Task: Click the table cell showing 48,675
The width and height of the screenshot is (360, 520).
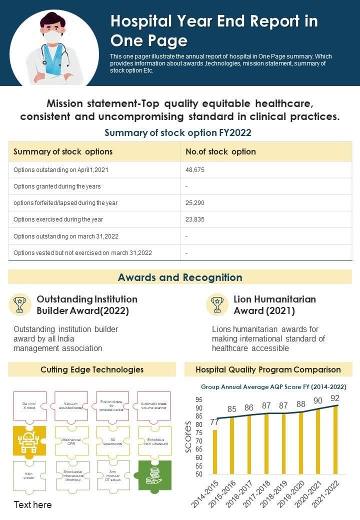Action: (x=195, y=170)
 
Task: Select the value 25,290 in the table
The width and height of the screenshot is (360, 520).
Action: (x=195, y=203)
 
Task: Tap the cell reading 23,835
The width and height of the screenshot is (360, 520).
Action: (x=195, y=219)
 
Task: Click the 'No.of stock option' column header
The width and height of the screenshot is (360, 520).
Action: (x=220, y=151)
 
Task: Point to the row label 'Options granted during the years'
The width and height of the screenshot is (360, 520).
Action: (x=57, y=186)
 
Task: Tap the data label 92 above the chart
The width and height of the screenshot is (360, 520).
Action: (x=334, y=398)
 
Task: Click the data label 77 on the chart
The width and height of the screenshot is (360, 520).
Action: (x=214, y=422)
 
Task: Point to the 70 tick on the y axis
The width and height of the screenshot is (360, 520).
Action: (x=199, y=441)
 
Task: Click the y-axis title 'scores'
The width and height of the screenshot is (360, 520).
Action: (x=188, y=436)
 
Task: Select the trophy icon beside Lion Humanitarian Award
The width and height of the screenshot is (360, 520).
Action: (x=217, y=304)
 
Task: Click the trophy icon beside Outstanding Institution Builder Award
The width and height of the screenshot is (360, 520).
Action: (x=20, y=304)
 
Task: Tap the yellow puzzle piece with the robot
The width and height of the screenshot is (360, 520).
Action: (x=28, y=440)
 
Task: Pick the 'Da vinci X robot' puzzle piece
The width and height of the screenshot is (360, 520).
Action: (x=29, y=405)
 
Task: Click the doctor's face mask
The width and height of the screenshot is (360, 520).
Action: (x=53, y=37)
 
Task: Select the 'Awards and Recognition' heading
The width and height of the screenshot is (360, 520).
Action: (x=180, y=277)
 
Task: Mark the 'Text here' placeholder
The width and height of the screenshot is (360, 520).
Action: (x=32, y=504)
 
